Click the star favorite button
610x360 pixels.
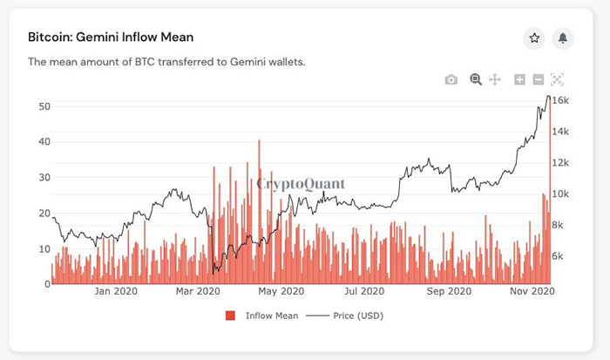tap(534, 37)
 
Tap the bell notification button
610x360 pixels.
tap(563, 37)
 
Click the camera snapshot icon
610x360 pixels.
tap(451, 80)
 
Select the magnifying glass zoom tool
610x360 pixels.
tap(476, 79)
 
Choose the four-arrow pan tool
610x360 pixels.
tap(495, 80)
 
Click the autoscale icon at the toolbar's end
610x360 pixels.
tap(558, 79)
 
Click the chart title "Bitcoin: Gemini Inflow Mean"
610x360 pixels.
tap(111, 37)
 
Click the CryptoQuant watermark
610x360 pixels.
tap(301, 184)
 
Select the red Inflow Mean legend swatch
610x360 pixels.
tap(231, 315)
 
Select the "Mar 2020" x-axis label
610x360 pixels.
tap(198, 291)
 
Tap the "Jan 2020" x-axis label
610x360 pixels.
tap(113, 291)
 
